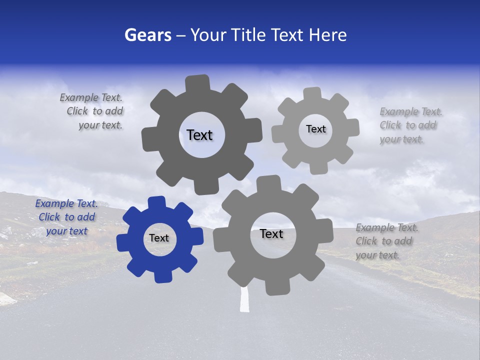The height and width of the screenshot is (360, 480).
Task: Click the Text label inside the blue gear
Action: click(x=159, y=238)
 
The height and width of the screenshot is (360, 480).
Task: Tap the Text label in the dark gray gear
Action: click(x=199, y=135)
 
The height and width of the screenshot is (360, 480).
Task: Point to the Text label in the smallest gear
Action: click(x=315, y=129)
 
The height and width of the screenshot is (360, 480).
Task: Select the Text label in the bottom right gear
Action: click(x=271, y=234)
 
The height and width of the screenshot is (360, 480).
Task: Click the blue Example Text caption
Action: click(x=66, y=217)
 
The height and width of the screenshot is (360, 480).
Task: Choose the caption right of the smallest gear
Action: click(x=410, y=125)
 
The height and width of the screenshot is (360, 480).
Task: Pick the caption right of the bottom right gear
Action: click(x=386, y=241)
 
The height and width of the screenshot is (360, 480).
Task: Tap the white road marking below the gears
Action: click(x=244, y=300)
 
